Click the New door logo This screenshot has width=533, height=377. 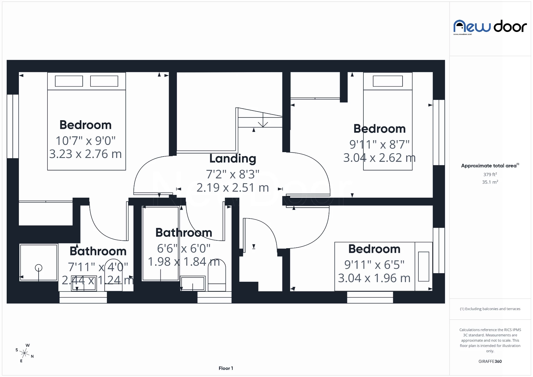coord(490,27)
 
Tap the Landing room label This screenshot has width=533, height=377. coord(233,159)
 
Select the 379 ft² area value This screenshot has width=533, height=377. coord(490,174)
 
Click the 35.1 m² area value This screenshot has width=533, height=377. coord(490,182)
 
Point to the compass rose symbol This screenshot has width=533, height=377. coord(24,353)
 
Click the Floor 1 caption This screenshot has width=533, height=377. coord(226,368)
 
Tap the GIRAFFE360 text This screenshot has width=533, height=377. coord(490,361)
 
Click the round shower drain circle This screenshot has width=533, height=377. coord(39,268)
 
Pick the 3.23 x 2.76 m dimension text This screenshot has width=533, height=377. coord(86,154)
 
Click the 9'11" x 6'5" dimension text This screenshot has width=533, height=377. coord(374,265)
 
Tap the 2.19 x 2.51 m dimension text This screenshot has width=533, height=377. coord(233,188)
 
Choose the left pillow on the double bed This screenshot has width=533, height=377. coord(69,81)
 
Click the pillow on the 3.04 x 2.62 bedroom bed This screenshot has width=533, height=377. coord(388,81)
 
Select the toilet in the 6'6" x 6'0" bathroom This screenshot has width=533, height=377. coord(217,276)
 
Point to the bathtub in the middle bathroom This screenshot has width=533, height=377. coord(160,244)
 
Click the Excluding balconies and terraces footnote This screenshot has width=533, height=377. coord(490,309)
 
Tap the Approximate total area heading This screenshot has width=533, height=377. coord(489,166)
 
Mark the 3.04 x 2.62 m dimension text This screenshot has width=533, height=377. coord(379,158)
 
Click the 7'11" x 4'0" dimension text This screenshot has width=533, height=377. coord(98,267)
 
